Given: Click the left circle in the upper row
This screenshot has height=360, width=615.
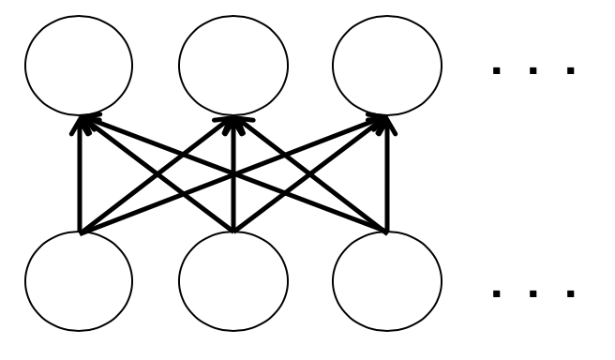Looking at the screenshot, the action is [x=79, y=67].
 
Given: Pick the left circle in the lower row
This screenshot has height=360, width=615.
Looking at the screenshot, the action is [x=79, y=281].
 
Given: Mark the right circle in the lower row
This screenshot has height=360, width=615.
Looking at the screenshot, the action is [x=385, y=281].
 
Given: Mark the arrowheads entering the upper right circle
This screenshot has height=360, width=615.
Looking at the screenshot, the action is [x=382, y=119].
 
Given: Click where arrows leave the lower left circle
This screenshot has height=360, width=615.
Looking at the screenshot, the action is [x=81, y=230].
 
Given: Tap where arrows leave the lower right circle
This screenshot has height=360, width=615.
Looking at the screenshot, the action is [x=384, y=230].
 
